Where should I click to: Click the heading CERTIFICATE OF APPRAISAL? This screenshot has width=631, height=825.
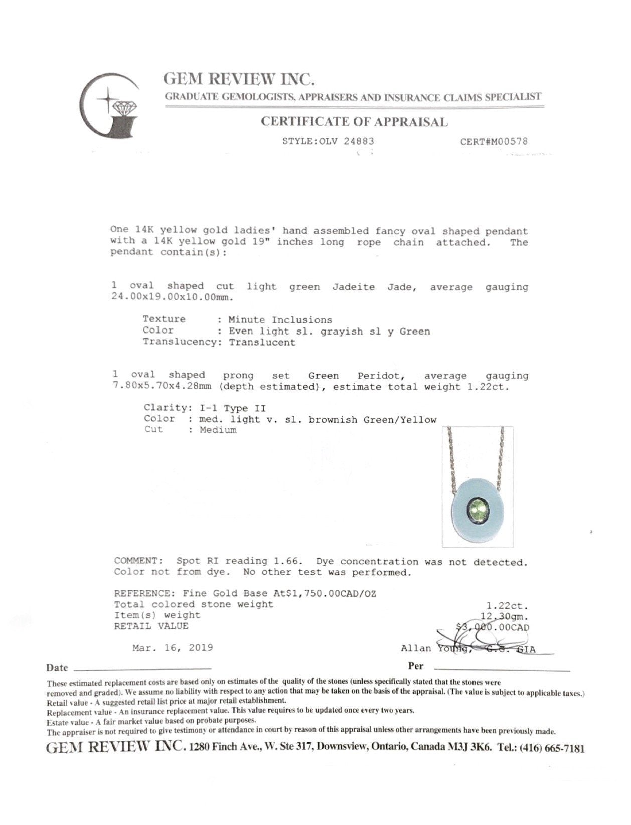click(x=354, y=122)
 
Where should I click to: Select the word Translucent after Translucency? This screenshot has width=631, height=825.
click(x=262, y=343)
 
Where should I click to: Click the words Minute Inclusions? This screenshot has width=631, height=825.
click(x=280, y=320)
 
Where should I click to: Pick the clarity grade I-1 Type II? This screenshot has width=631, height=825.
click(x=229, y=408)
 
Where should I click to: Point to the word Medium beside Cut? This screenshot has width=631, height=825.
click(x=218, y=430)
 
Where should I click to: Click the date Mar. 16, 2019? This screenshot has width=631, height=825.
click(x=173, y=648)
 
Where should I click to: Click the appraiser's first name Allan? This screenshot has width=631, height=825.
click(x=416, y=649)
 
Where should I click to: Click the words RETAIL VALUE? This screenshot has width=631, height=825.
click(x=151, y=626)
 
